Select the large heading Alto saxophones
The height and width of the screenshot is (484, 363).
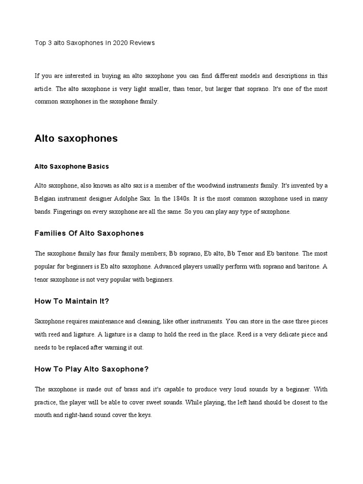[x=76, y=138]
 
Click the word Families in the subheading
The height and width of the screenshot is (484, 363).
[x=51, y=233]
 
